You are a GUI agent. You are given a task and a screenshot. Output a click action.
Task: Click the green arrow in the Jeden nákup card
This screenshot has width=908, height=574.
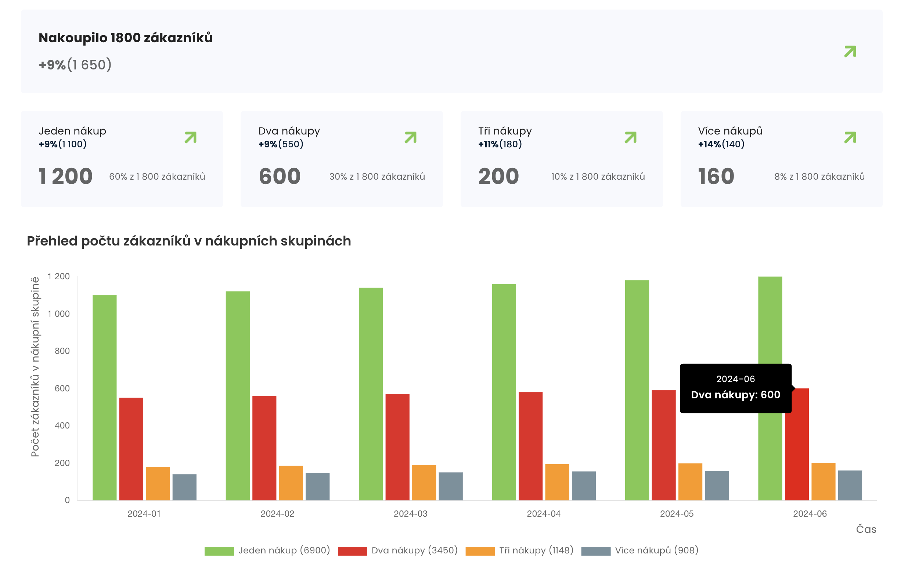pos(190,137)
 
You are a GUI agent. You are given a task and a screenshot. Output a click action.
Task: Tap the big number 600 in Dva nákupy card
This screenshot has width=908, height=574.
pos(280,176)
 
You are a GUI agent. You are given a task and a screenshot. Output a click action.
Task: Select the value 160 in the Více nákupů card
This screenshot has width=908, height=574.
pos(716,176)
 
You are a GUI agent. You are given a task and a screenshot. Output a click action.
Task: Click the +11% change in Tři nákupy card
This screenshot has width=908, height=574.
pos(488,144)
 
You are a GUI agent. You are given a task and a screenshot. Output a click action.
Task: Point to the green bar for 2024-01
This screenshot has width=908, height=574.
pos(104,398)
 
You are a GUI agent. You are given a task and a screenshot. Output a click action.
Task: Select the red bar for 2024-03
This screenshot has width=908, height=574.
pos(397,447)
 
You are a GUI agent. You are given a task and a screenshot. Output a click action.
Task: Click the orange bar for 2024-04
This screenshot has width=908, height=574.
pos(557,482)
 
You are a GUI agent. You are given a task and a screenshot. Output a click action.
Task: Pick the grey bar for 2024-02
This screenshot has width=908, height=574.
pos(317,487)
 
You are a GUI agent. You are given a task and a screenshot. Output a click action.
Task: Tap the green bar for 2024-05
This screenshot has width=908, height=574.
pos(637,390)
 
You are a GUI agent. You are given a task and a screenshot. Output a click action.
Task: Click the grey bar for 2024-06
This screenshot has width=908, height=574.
pos(850,485)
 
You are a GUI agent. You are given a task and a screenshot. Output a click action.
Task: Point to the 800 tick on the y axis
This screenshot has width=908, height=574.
pos(62,351)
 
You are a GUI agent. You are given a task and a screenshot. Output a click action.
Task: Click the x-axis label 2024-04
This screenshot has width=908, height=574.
pos(543,514)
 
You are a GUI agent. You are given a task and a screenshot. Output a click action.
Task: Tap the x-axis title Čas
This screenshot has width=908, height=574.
pos(866,529)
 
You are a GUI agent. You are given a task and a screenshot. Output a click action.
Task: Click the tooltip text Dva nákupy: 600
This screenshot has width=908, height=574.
pos(735,395)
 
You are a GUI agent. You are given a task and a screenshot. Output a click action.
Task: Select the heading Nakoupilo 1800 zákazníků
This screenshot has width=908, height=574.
pos(126,38)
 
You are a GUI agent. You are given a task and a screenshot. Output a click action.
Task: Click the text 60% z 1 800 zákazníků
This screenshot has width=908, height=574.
pos(157,176)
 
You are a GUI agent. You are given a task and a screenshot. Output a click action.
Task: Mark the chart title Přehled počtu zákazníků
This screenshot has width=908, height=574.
pos(188,241)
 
